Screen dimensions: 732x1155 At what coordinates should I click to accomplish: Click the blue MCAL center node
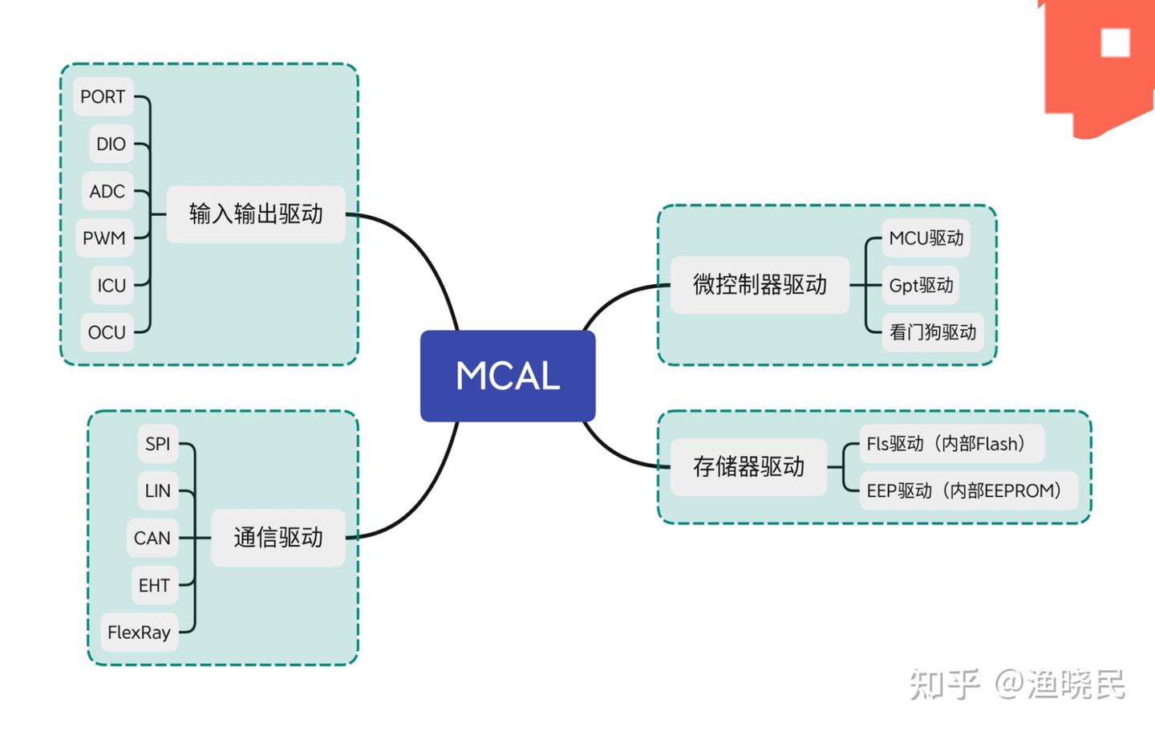(x=508, y=376)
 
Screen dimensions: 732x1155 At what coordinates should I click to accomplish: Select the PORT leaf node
(x=103, y=97)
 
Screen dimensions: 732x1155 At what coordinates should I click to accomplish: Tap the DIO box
(x=111, y=144)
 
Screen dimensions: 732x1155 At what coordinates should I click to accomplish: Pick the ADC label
(x=107, y=191)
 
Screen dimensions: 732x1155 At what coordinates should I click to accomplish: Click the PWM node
(x=104, y=238)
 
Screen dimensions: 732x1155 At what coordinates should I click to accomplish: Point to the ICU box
(x=111, y=286)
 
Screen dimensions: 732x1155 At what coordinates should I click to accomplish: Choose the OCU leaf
(x=107, y=332)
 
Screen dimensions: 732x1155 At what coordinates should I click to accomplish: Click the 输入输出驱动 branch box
(x=256, y=214)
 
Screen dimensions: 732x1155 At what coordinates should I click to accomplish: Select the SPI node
(x=157, y=444)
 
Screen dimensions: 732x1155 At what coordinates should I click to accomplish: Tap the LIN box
(x=157, y=490)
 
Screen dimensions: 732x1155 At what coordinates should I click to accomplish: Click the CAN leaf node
(x=152, y=538)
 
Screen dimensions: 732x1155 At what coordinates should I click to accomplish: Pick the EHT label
(x=154, y=585)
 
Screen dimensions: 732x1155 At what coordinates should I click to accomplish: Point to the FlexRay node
(x=139, y=632)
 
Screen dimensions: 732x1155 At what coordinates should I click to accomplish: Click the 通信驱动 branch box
(x=278, y=538)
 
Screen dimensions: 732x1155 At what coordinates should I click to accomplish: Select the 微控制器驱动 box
(x=760, y=285)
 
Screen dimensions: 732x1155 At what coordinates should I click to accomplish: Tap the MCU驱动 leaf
(x=926, y=238)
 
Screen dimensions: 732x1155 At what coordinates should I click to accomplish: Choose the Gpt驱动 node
(x=921, y=285)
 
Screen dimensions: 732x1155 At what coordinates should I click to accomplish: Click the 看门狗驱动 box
(x=932, y=332)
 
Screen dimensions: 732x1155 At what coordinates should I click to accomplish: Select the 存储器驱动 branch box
(x=748, y=467)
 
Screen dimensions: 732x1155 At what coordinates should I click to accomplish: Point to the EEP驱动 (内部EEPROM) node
(x=966, y=490)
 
